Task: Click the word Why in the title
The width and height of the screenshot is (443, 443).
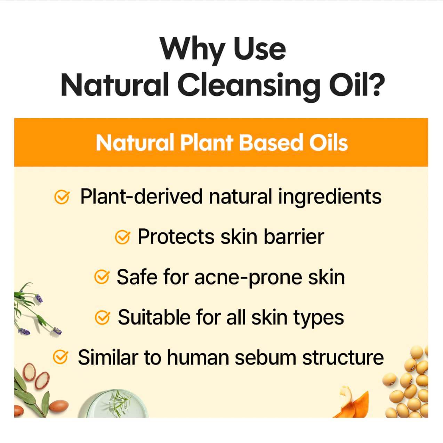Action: pyautogui.click(x=192, y=49)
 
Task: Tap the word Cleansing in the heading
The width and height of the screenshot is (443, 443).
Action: pyautogui.click(x=249, y=85)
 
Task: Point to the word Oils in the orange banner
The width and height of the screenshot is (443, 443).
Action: pyautogui.click(x=328, y=143)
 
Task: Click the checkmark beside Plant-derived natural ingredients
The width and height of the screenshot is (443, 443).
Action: pyautogui.click(x=62, y=197)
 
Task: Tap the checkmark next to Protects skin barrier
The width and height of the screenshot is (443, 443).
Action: pyautogui.click(x=122, y=237)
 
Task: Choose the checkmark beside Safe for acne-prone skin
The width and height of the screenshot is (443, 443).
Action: pyautogui.click(x=102, y=278)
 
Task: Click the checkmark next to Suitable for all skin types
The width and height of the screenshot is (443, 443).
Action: pyautogui.click(x=102, y=318)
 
